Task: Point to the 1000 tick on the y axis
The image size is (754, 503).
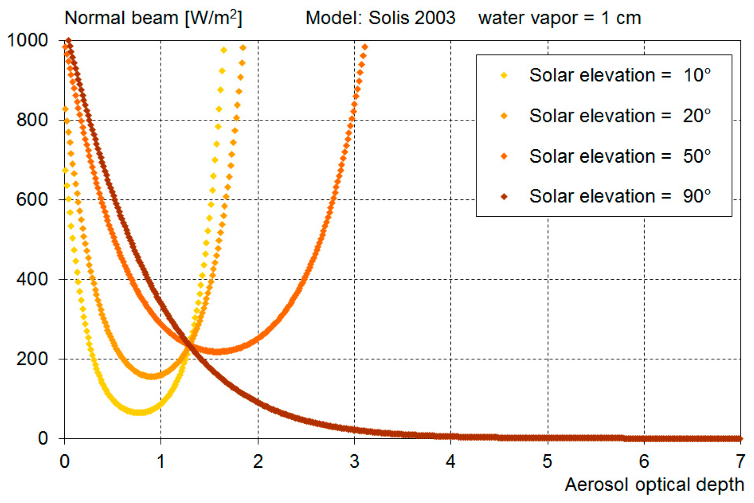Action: coord(28,40)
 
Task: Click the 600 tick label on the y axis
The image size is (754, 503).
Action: coord(32,199)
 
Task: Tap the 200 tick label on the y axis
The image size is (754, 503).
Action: coord(32,359)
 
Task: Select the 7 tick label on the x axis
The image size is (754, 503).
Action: coord(741,461)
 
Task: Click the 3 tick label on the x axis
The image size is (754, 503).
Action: coord(354,461)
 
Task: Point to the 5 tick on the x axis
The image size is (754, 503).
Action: coord(547,461)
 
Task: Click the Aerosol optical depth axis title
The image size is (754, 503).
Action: coord(654,485)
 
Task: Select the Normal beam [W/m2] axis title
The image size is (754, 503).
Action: coord(153,18)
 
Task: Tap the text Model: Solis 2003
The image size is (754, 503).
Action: coord(380,18)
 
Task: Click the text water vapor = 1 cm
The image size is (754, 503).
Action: coord(559,18)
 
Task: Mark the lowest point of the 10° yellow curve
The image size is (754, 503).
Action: coord(139,412)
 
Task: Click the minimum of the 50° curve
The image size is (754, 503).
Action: coord(217,352)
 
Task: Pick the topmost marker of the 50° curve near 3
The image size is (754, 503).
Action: coord(365,47)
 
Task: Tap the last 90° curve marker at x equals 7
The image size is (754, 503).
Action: coord(740,439)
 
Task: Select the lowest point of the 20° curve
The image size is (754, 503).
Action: coord(152,377)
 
